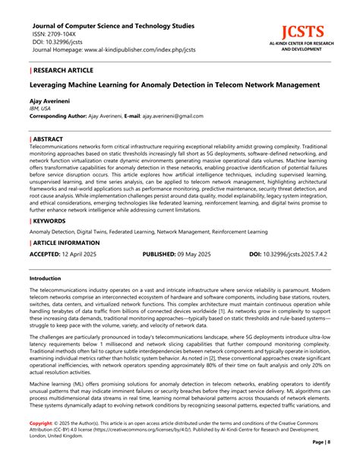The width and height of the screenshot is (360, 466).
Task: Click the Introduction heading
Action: coord(45,279)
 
